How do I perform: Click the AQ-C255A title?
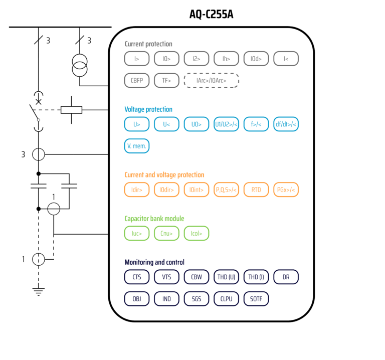pos(211,15)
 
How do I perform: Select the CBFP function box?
pos(137,80)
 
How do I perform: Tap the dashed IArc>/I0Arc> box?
pos(211,80)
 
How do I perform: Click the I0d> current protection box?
pos(256,59)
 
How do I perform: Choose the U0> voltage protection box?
pos(197,124)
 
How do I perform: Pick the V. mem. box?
pos(137,146)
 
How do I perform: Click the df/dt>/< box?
pos(286,124)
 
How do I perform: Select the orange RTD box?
pos(256,190)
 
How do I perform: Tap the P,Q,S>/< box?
pos(226,190)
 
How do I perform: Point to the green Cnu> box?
pos(166,233)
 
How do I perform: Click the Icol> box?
pos(197,233)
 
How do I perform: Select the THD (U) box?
pos(226,277)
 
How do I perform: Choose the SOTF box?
pos(256,299)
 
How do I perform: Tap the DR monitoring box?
pos(286,277)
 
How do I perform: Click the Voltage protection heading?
pos(148,109)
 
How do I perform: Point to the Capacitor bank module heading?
pos(154,219)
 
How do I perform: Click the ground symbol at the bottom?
pos(39,290)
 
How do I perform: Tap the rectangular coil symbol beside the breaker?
pos(71,109)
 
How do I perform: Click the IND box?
pos(166,299)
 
